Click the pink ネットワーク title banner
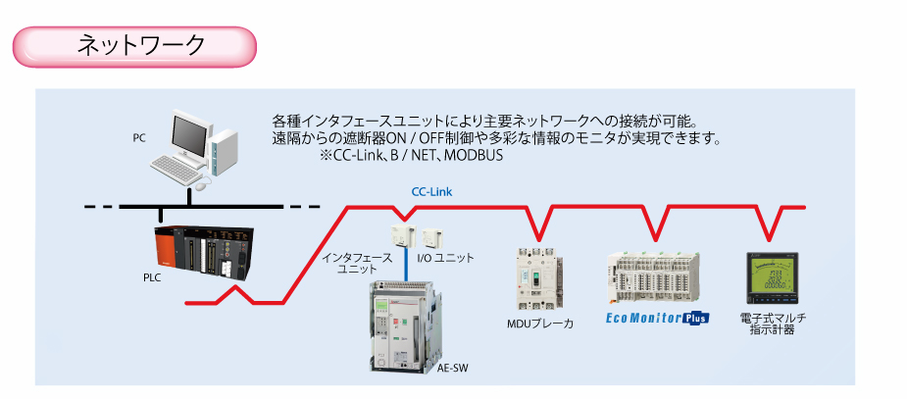[x=134, y=45]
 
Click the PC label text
[x=139, y=137]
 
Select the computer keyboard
[x=176, y=173]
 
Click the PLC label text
[x=151, y=277]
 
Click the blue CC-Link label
[x=431, y=193]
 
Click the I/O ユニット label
[x=445, y=258]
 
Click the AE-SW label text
[x=452, y=369]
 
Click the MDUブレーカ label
[x=539, y=323]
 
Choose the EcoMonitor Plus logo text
[x=656, y=318]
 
